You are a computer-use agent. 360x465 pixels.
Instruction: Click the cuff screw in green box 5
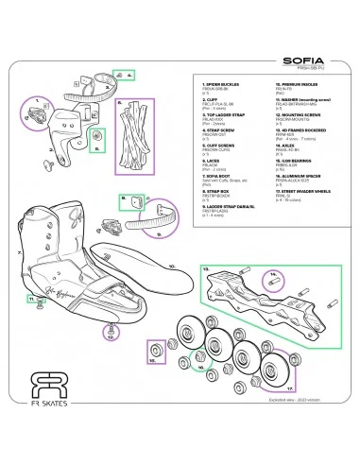click(96, 144)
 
